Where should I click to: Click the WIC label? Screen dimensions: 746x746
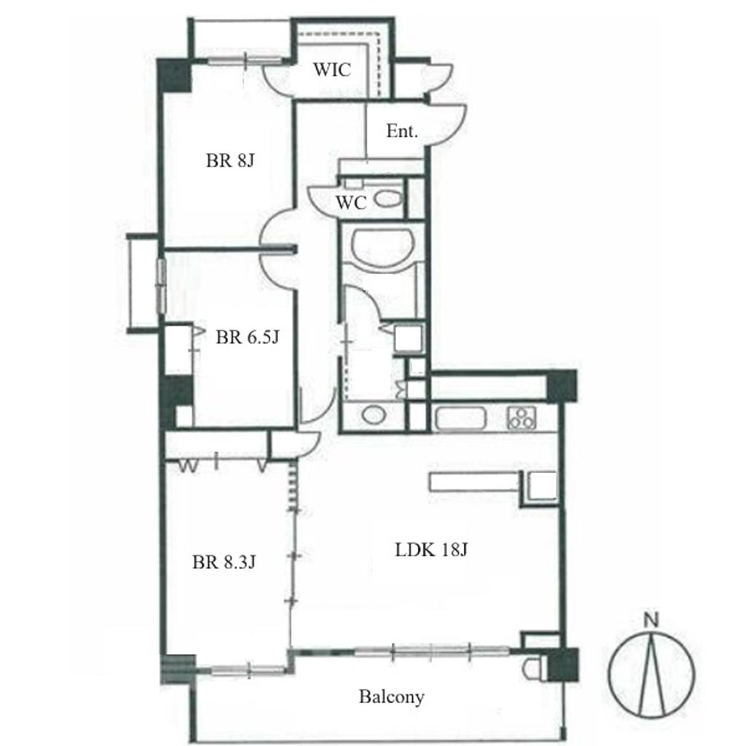332,70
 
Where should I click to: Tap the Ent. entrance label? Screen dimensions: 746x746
402,131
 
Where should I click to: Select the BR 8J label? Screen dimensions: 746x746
230,160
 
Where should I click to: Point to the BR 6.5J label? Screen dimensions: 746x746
248,337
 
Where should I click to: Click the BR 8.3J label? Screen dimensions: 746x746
224,562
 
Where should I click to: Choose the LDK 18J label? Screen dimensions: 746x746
431,550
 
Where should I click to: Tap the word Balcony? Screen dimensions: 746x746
391,697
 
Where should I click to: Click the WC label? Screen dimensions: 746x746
351,203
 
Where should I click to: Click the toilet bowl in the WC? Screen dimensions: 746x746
388,199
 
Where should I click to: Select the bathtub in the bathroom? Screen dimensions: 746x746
382,243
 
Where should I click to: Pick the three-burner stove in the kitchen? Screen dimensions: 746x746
522,418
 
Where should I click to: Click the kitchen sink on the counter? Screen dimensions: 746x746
460,419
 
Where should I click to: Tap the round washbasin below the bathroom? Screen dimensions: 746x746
374,415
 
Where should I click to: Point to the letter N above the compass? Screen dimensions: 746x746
651,620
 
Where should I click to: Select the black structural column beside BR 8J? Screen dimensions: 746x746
175,76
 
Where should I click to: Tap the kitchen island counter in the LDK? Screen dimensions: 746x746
474,481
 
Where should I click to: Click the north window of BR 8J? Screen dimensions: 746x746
246,60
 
